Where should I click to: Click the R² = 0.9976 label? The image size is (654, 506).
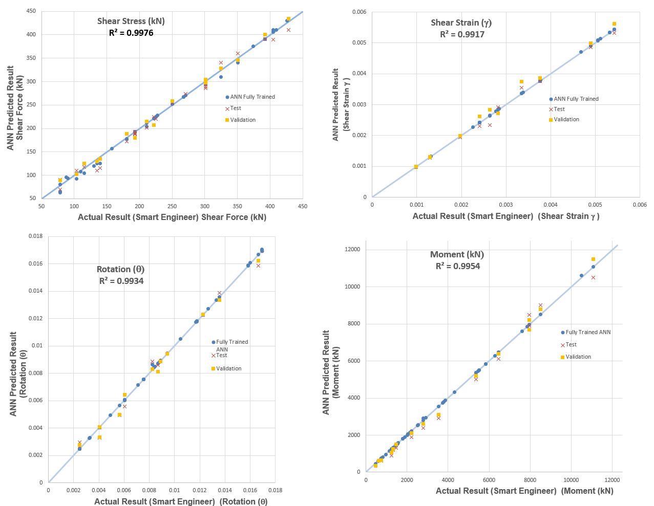pyautogui.click(x=131, y=33)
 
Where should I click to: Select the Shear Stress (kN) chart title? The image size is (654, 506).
pyautogui.click(x=131, y=21)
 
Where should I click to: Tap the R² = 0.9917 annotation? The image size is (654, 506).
pyautogui.click(x=462, y=34)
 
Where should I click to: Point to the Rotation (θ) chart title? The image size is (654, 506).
pyautogui.click(x=121, y=269)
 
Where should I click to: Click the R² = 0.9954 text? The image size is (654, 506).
pyautogui.click(x=458, y=266)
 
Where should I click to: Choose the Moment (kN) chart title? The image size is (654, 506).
pyautogui.click(x=457, y=254)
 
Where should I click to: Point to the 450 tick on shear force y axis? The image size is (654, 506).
pyautogui.click(x=31, y=11)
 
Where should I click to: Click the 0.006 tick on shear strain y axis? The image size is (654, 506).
pyautogui.click(x=359, y=12)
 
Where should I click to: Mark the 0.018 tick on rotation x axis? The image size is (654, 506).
pyautogui.click(x=275, y=490)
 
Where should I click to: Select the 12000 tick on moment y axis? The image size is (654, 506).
pyautogui.click(x=352, y=250)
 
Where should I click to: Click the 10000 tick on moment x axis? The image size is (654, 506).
pyautogui.click(x=571, y=479)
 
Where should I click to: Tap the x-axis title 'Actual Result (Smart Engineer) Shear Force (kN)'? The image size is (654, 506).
pyautogui.click(x=172, y=217)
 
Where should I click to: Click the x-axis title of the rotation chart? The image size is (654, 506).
pyautogui.click(x=181, y=501)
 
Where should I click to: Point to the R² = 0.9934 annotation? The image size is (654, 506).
pyautogui.click(x=121, y=281)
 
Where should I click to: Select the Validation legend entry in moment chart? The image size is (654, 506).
pyautogui.click(x=578, y=357)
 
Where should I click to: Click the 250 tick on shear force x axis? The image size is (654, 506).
pyautogui.click(x=172, y=206)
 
